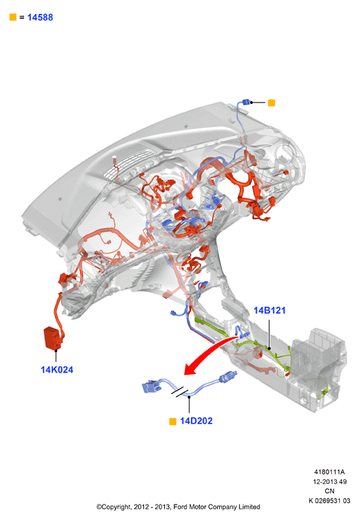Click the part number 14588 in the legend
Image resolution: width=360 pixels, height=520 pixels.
tap(40, 17)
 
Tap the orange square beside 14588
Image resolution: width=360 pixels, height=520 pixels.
tap(13, 17)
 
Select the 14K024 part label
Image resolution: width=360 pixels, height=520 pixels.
tap(57, 370)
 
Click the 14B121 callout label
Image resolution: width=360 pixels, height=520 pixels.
tap(269, 310)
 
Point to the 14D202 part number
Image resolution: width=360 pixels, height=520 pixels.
tap(196, 421)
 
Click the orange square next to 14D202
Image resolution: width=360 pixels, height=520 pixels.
tap(172, 421)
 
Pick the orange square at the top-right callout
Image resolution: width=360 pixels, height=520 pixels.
tap(272, 103)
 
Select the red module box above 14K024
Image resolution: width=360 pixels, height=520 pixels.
tap(53, 338)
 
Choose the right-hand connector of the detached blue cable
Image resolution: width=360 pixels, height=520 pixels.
tap(228, 377)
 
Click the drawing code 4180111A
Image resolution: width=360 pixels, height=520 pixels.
tap(329, 472)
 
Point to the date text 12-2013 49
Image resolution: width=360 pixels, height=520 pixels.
tap(329, 481)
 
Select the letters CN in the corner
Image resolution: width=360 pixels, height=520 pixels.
tap(329, 491)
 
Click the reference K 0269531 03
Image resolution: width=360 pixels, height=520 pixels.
tap(329, 501)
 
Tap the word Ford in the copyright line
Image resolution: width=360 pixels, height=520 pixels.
tap(180, 507)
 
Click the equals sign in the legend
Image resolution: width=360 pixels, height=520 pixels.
tap(22, 17)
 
